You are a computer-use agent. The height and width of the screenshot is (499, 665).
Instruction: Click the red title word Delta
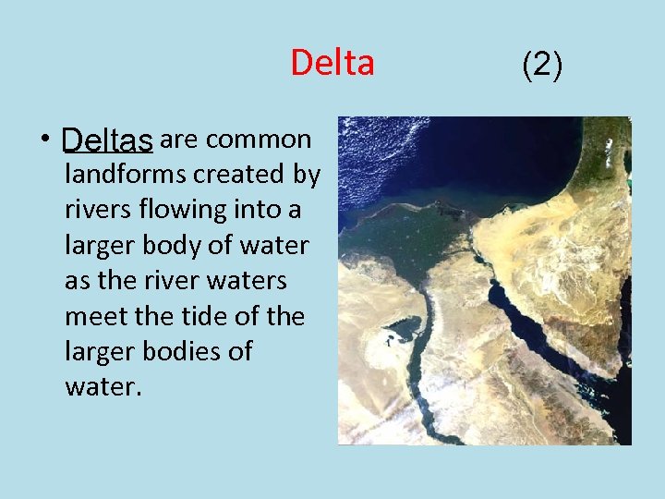[332, 63]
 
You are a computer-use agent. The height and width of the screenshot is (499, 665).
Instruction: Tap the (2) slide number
[542, 64]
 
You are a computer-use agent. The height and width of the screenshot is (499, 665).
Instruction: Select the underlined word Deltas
[107, 140]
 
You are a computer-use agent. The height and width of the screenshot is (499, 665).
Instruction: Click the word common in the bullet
[259, 140]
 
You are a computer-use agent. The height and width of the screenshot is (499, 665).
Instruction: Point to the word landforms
[123, 174]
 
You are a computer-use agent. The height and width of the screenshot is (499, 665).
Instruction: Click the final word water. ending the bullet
[103, 386]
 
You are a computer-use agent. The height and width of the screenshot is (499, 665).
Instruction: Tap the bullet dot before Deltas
[43, 140]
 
